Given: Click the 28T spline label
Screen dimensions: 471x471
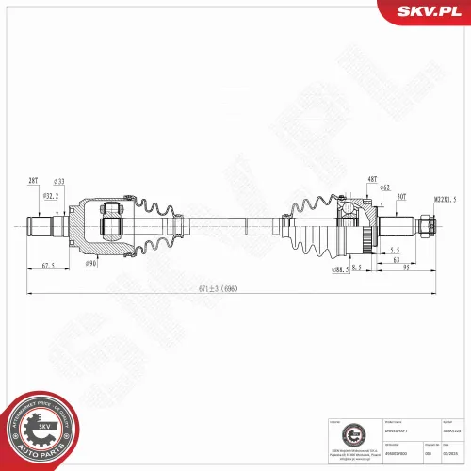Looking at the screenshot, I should pos(32,180).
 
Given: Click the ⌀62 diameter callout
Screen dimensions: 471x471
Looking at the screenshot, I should pos(385,187).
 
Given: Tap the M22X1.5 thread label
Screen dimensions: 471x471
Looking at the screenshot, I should pos(446,199).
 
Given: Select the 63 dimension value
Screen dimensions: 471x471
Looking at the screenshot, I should pos(397,259).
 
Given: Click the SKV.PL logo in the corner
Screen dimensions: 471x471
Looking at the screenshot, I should pos(427,11).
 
